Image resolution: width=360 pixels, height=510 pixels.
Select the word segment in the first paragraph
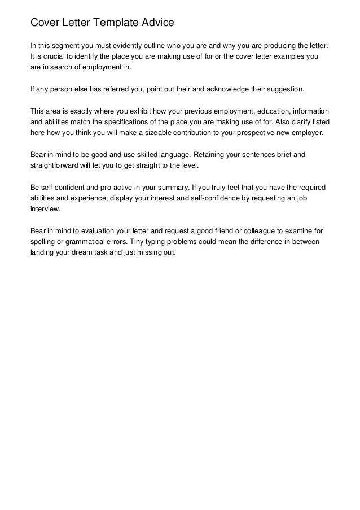point(68,45)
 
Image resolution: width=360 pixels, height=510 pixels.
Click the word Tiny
point(138,241)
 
